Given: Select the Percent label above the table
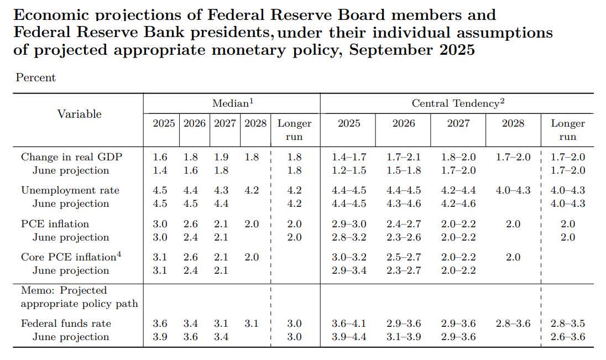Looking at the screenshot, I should click(36, 78).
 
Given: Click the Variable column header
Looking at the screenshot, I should click(80, 114).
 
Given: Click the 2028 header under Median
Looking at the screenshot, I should click(255, 123).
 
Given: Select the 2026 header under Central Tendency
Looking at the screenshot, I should click(404, 123).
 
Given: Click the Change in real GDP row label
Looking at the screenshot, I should click(72, 157).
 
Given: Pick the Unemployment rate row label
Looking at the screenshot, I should click(70, 190).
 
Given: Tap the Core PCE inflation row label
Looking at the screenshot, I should click(67, 257).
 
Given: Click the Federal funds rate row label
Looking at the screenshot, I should click(66, 324).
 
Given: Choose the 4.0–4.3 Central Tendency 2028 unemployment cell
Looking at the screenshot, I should click(513, 190).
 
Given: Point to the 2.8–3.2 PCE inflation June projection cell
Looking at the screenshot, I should click(349, 237).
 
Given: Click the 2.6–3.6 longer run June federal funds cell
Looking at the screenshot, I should click(568, 337).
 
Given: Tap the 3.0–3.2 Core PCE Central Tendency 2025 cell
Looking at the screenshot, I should click(349, 257).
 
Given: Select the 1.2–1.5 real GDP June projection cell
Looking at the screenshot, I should click(349, 170).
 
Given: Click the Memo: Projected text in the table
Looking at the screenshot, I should click(64, 290).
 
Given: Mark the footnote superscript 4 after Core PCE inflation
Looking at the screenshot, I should click(118, 254).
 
